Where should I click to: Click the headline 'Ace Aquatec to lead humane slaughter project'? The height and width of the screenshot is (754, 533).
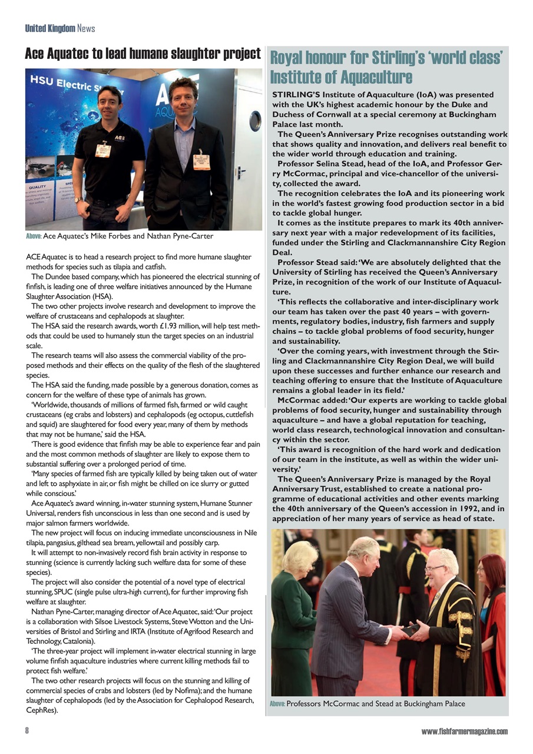tap(143, 54)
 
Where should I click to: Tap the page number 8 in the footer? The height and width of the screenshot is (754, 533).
tap(27, 731)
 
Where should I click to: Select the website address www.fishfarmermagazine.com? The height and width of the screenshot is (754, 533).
tap(464, 731)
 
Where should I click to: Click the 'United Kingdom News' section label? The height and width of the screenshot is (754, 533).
tap(59, 28)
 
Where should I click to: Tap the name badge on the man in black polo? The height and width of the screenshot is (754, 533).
tap(103, 150)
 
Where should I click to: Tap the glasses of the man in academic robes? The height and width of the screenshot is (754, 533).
tap(435, 568)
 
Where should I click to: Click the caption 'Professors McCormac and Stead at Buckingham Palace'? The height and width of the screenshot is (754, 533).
tap(376, 703)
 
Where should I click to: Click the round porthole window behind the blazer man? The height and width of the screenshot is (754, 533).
tap(254, 121)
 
